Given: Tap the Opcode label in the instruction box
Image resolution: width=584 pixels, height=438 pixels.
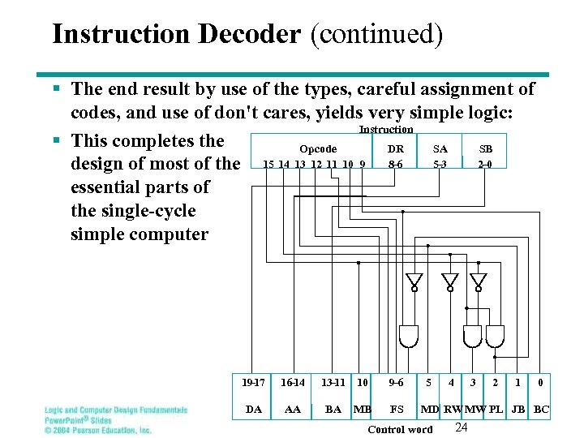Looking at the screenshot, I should click(x=318, y=149).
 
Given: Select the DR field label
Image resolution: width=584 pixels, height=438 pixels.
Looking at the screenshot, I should click(x=396, y=149).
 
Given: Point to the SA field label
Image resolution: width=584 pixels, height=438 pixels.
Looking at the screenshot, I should click(x=440, y=149).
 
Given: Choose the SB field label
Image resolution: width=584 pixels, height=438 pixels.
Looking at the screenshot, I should click(x=486, y=149).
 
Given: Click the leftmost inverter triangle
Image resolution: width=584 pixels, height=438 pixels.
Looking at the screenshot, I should click(x=415, y=281).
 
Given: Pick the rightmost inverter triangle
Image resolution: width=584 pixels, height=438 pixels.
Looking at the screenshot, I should click(x=480, y=281).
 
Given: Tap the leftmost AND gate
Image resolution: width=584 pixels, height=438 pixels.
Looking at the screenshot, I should click(x=410, y=335).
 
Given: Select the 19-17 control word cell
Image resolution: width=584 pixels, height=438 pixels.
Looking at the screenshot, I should click(x=254, y=382).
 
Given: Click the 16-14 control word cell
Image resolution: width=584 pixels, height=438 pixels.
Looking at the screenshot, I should click(x=293, y=382).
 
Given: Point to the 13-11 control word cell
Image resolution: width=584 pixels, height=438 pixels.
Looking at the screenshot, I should click(x=333, y=382).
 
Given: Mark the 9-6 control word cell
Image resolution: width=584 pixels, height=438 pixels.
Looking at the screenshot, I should click(x=397, y=382).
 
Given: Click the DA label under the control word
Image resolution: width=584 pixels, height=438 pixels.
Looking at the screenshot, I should click(x=254, y=410).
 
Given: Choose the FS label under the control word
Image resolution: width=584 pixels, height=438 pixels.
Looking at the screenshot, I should click(x=397, y=410).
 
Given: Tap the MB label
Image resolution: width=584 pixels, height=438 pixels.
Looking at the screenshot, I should click(x=362, y=410).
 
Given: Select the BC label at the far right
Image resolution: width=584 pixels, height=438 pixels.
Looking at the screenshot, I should click(x=541, y=410).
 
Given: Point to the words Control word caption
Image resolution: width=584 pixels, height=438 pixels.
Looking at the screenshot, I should click(x=400, y=429).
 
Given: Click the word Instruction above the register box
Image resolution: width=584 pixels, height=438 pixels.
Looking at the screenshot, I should click(x=386, y=130).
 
